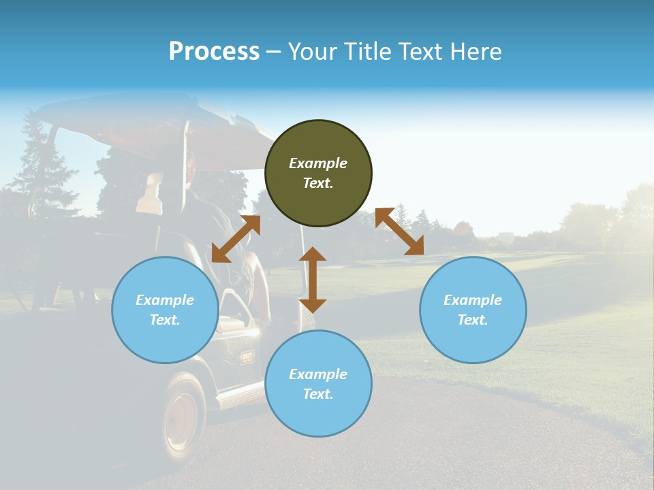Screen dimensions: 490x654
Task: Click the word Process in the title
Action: pyautogui.click(x=214, y=52)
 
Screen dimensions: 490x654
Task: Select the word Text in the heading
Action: pyautogui.click(x=418, y=52)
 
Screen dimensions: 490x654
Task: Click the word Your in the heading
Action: pyautogui.click(x=313, y=52)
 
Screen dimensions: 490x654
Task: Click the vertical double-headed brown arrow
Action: pyautogui.click(x=313, y=280)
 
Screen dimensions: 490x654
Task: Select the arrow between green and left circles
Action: pyautogui.click(x=236, y=238)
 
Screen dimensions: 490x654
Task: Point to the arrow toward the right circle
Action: pyautogui.click(x=399, y=232)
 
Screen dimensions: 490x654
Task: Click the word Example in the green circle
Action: pyautogui.click(x=318, y=163)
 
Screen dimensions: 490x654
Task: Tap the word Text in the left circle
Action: pyautogui.click(x=165, y=320)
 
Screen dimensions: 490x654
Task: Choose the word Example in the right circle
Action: pyautogui.click(x=473, y=300)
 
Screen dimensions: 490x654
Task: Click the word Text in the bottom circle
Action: pyautogui.click(x=318, y=394)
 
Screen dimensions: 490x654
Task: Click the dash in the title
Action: pyautogui.click(x=274, y=52)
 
